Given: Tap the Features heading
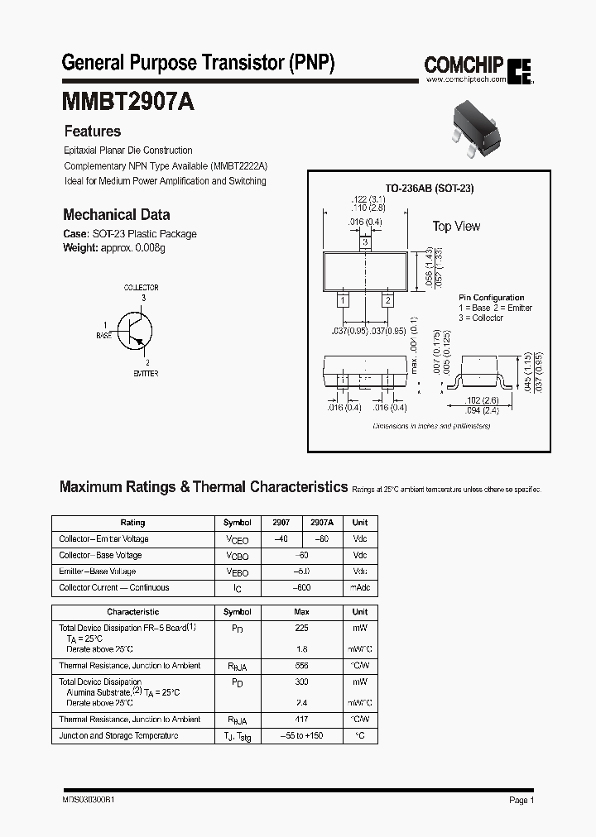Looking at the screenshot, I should coord(92,132).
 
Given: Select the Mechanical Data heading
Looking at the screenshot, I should coord(117,213).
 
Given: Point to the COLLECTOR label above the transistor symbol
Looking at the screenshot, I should coord(141,288).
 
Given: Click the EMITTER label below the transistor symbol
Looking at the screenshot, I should coord(146,374).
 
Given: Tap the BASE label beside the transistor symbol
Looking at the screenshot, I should coord(103,337).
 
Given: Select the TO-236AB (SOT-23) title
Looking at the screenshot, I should coord(430,189).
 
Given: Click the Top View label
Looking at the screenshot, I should coord(456,227).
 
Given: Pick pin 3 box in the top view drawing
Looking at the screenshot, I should coord(365,244).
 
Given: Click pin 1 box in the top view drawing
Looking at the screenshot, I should coord(343,301).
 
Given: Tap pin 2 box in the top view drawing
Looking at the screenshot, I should coord(387,301).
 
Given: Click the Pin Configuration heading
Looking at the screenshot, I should coord(492,298).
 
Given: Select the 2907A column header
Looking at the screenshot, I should coord(322,523).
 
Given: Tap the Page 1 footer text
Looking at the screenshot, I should coord(521,801).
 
